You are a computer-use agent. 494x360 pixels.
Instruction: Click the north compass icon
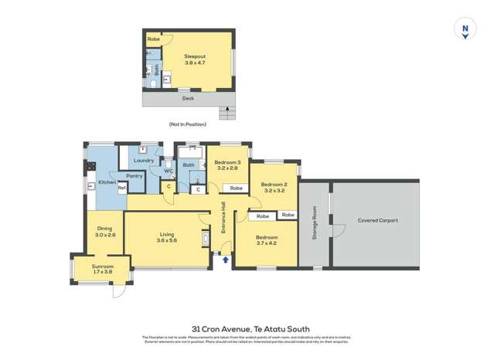pyautogui.click(x=465, y=30)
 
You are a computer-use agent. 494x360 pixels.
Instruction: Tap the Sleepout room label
pyautogui.click(x=195, y=61)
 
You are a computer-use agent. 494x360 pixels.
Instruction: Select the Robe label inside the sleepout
pyautogui.click(x=154, y=39)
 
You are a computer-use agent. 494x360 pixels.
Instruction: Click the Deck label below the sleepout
pyautogui.click(x=187, y=99)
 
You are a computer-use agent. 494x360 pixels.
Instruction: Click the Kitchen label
pyautogui.click(x=106, y=182)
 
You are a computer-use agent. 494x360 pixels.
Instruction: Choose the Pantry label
pyautogui.click(x=135, y=175)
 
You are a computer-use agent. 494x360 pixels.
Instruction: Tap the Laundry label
pyautogui.click(x=145, y=160)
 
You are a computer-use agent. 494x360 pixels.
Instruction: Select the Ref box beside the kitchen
pyautogui.click(x=121, y=188)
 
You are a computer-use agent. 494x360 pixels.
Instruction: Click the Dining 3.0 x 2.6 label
pyautogui.click(x=105, y=232)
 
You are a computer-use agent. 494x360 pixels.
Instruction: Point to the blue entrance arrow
pyautogui.click(x=226, y=260)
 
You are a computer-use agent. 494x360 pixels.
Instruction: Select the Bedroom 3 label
pyautogui.click(x=228, y=165)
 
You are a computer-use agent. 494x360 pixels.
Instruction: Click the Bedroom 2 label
pyautogui.click(x=274, y=188)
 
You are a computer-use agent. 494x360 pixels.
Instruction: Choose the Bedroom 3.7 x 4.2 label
pyautogui.click(x=266, y=241)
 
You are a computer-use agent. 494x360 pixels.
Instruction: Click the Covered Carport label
pyautogui.click(x=377, y=220)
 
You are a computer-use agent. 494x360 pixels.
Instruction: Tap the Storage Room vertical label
pyautogui.click(x=315, y=223)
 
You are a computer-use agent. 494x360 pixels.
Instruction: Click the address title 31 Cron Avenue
pyautogui.click(x=245, y=328)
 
